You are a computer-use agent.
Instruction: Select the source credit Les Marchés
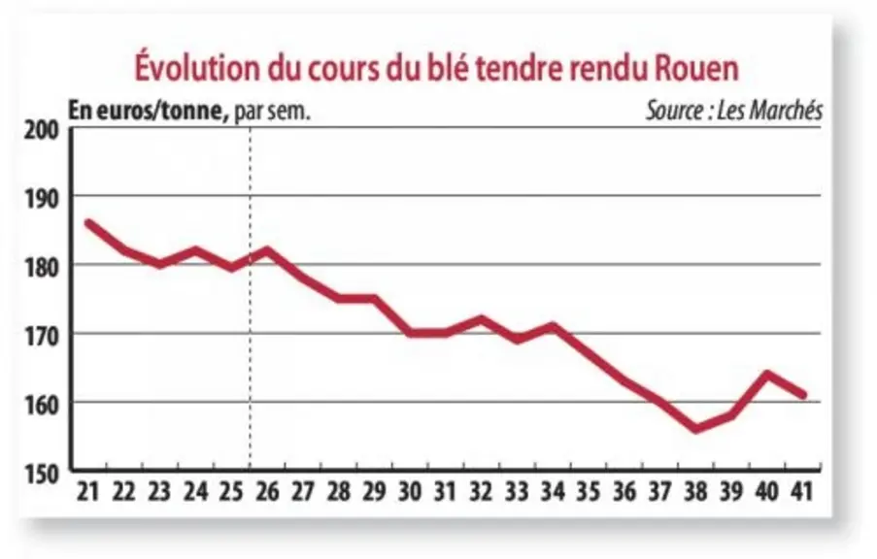(769, 111)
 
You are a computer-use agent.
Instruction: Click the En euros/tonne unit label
(149, 112)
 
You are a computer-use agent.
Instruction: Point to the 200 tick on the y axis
(42, 130)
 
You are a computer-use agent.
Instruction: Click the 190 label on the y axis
(42, 199)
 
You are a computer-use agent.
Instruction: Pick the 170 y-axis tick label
(42, 337)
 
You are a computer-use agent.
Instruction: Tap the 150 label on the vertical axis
(42, 474)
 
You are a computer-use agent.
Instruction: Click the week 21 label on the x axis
(87, 492)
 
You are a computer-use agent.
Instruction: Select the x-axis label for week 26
(267, 492)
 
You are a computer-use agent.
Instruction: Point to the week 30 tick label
(410, 492)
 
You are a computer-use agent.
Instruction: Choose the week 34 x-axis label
(554, 492)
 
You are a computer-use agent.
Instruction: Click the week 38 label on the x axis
(695, 492)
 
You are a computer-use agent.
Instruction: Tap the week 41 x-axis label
(800, 492)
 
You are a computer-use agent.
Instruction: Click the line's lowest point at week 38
(695, 429)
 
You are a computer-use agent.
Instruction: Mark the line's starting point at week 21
(89, 223)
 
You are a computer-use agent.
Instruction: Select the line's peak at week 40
(767, 374)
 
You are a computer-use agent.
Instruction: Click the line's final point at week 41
(804, 395)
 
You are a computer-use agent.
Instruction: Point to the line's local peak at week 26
(267, 249)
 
